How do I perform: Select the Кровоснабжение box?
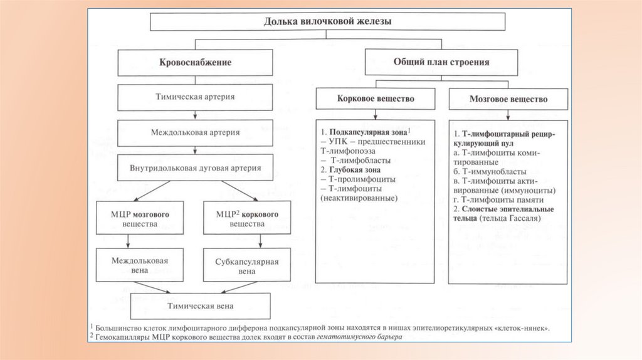click(x=195, y=63)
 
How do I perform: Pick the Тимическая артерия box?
click(x=195, y=97)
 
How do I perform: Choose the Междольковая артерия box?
click(x=195, y=133)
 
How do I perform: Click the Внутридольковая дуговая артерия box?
click(x=195, y=168)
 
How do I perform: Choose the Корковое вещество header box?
click(x=375, y=99)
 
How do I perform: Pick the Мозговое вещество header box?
click(x=508, y=99)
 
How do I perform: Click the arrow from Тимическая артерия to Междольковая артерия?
click(x=195, y=115)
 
